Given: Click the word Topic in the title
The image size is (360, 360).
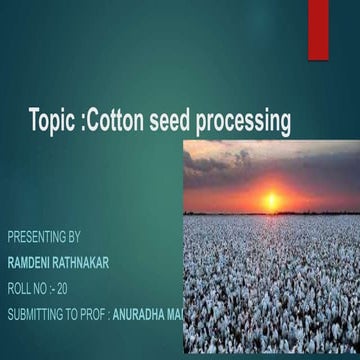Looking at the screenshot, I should click(x=52, y=123).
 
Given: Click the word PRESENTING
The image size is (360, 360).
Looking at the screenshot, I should click(x=37, y=238).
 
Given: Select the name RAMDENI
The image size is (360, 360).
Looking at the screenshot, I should click(x=29, y=263).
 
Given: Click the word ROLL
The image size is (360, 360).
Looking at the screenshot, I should click(x=20, y=289).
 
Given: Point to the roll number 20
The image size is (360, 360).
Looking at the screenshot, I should click(x=62, y=289).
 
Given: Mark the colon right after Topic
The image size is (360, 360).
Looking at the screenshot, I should click(x=81, y=125).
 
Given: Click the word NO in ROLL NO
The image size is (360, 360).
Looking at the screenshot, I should click(x=42, y=289).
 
